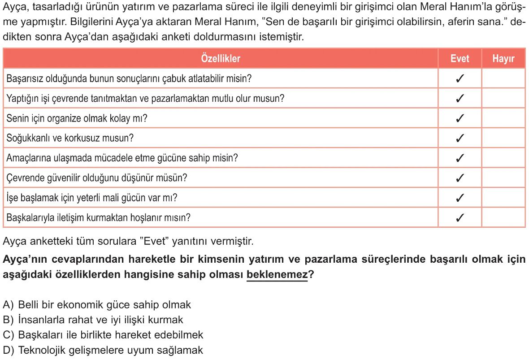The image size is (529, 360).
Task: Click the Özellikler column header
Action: pyautogui.click(x=221, y=59)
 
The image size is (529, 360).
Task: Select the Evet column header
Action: pyautogui.click(x=460, y=59)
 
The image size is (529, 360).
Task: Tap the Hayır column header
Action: pyautogui.click(x=503, y=59)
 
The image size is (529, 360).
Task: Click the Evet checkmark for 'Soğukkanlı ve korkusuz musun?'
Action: pyautogui.click(x=460, y=138)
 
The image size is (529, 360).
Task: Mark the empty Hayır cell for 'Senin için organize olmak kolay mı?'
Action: pyautogui.click(x=503, y=118)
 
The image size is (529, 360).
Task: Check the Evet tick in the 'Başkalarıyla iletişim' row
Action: pyautogui.click(x=460, y=218)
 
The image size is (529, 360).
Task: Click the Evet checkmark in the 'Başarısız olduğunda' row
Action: pyautogui.click(x=460, y=79)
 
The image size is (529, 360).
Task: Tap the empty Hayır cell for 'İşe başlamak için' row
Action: pyautogui.click(x=503, y=198)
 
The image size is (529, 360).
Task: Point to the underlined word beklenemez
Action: pyautogui.click(x=277, y=275)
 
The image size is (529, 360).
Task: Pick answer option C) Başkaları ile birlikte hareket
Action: pyautogui.click(x=103, y=334)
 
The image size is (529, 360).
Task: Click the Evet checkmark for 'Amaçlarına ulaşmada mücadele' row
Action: pyautogui.click(x=460, y=158)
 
